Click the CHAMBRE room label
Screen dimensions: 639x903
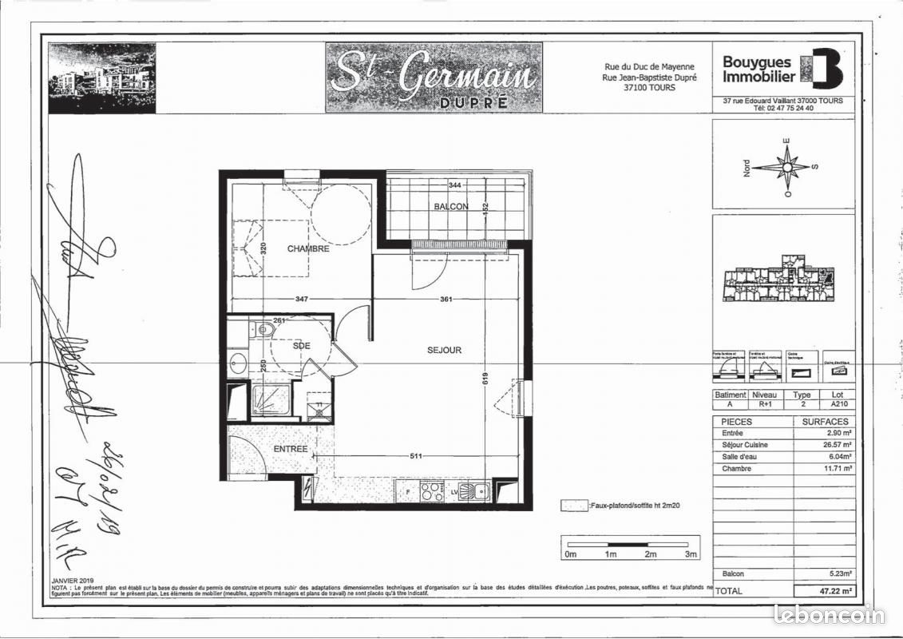click(309, 249)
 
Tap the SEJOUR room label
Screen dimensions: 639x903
click(445, 350)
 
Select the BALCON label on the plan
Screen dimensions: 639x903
click(451, 207)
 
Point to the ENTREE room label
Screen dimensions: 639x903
click(291, 449)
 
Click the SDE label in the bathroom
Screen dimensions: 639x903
click(302, 346)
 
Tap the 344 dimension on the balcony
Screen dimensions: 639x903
click(455, 185)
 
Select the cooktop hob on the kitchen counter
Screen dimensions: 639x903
click(432, 491)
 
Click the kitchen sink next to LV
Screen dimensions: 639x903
click(479, 491)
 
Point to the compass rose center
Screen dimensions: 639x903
click(787, 168)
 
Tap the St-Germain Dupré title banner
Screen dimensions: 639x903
click(434, 77)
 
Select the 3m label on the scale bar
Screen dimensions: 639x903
click(691, 554)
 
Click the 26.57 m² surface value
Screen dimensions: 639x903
click(836, 445)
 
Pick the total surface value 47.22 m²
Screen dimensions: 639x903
click(835, 591)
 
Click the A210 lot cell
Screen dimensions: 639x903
click(837, 405)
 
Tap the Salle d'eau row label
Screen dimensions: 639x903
click(739, 457)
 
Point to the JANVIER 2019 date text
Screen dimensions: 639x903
click(73, 581)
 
